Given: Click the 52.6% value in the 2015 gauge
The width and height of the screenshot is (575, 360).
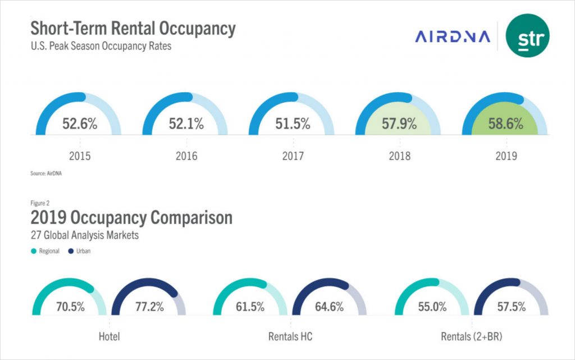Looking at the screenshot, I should (80, 124).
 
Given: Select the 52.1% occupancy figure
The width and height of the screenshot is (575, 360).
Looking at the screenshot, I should (186, 124).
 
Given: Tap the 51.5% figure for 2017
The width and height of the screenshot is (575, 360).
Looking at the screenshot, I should (293, 124).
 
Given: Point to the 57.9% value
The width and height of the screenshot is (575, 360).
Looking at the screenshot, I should (399, 124).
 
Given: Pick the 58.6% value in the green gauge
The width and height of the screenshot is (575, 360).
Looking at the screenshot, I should (505, 124).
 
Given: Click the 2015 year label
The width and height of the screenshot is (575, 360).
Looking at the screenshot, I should (80, 156).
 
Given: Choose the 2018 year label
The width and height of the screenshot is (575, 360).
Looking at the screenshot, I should (399, 156).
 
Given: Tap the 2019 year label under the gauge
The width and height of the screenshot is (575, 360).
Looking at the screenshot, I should (506, 156).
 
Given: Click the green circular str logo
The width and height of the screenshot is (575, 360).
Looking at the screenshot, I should (527, 36).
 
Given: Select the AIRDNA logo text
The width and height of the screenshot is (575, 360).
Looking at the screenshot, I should (453, 37).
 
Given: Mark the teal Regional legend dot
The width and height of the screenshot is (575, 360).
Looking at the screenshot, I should (34, 251).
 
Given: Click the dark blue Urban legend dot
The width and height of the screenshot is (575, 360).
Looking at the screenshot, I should (71, 251).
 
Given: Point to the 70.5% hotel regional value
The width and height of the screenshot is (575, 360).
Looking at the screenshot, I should (70, 307).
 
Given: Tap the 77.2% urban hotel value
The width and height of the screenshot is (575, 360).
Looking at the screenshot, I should (149, 307).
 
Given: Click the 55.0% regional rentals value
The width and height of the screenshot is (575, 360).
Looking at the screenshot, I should (432, 307).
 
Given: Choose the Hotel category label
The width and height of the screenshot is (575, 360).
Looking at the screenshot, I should (109, 337).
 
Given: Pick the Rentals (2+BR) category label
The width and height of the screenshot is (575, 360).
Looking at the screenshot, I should (472, 337).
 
